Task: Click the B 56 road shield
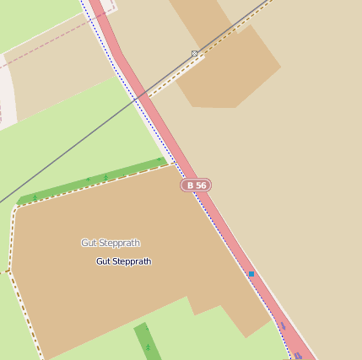tap(196, 185)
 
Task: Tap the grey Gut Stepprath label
tap(111, 243)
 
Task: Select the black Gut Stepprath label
tap(123, 261)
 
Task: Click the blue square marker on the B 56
tap(251, 274)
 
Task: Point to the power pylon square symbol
tap(195, 54)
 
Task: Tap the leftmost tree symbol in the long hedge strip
tap(35, 197)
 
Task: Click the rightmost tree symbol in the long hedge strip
tap(159, 159)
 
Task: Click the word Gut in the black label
tap(104, 261)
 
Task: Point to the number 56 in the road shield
tap(201, 185)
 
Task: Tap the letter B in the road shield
tap(191, 185)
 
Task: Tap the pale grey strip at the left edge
tap(7, 93)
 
